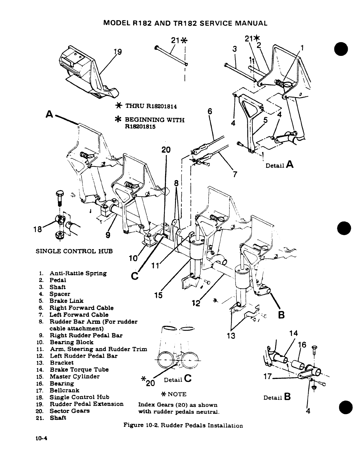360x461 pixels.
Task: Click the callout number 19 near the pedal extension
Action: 118,52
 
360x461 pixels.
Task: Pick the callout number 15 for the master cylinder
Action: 159,296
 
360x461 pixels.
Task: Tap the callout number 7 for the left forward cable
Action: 235,174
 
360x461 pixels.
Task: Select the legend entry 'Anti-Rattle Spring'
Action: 78,273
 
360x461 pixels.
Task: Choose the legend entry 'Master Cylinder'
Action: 75,377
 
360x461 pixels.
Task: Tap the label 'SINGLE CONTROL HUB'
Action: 74,251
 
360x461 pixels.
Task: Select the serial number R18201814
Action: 151,106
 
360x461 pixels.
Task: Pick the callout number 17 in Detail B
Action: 267,377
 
